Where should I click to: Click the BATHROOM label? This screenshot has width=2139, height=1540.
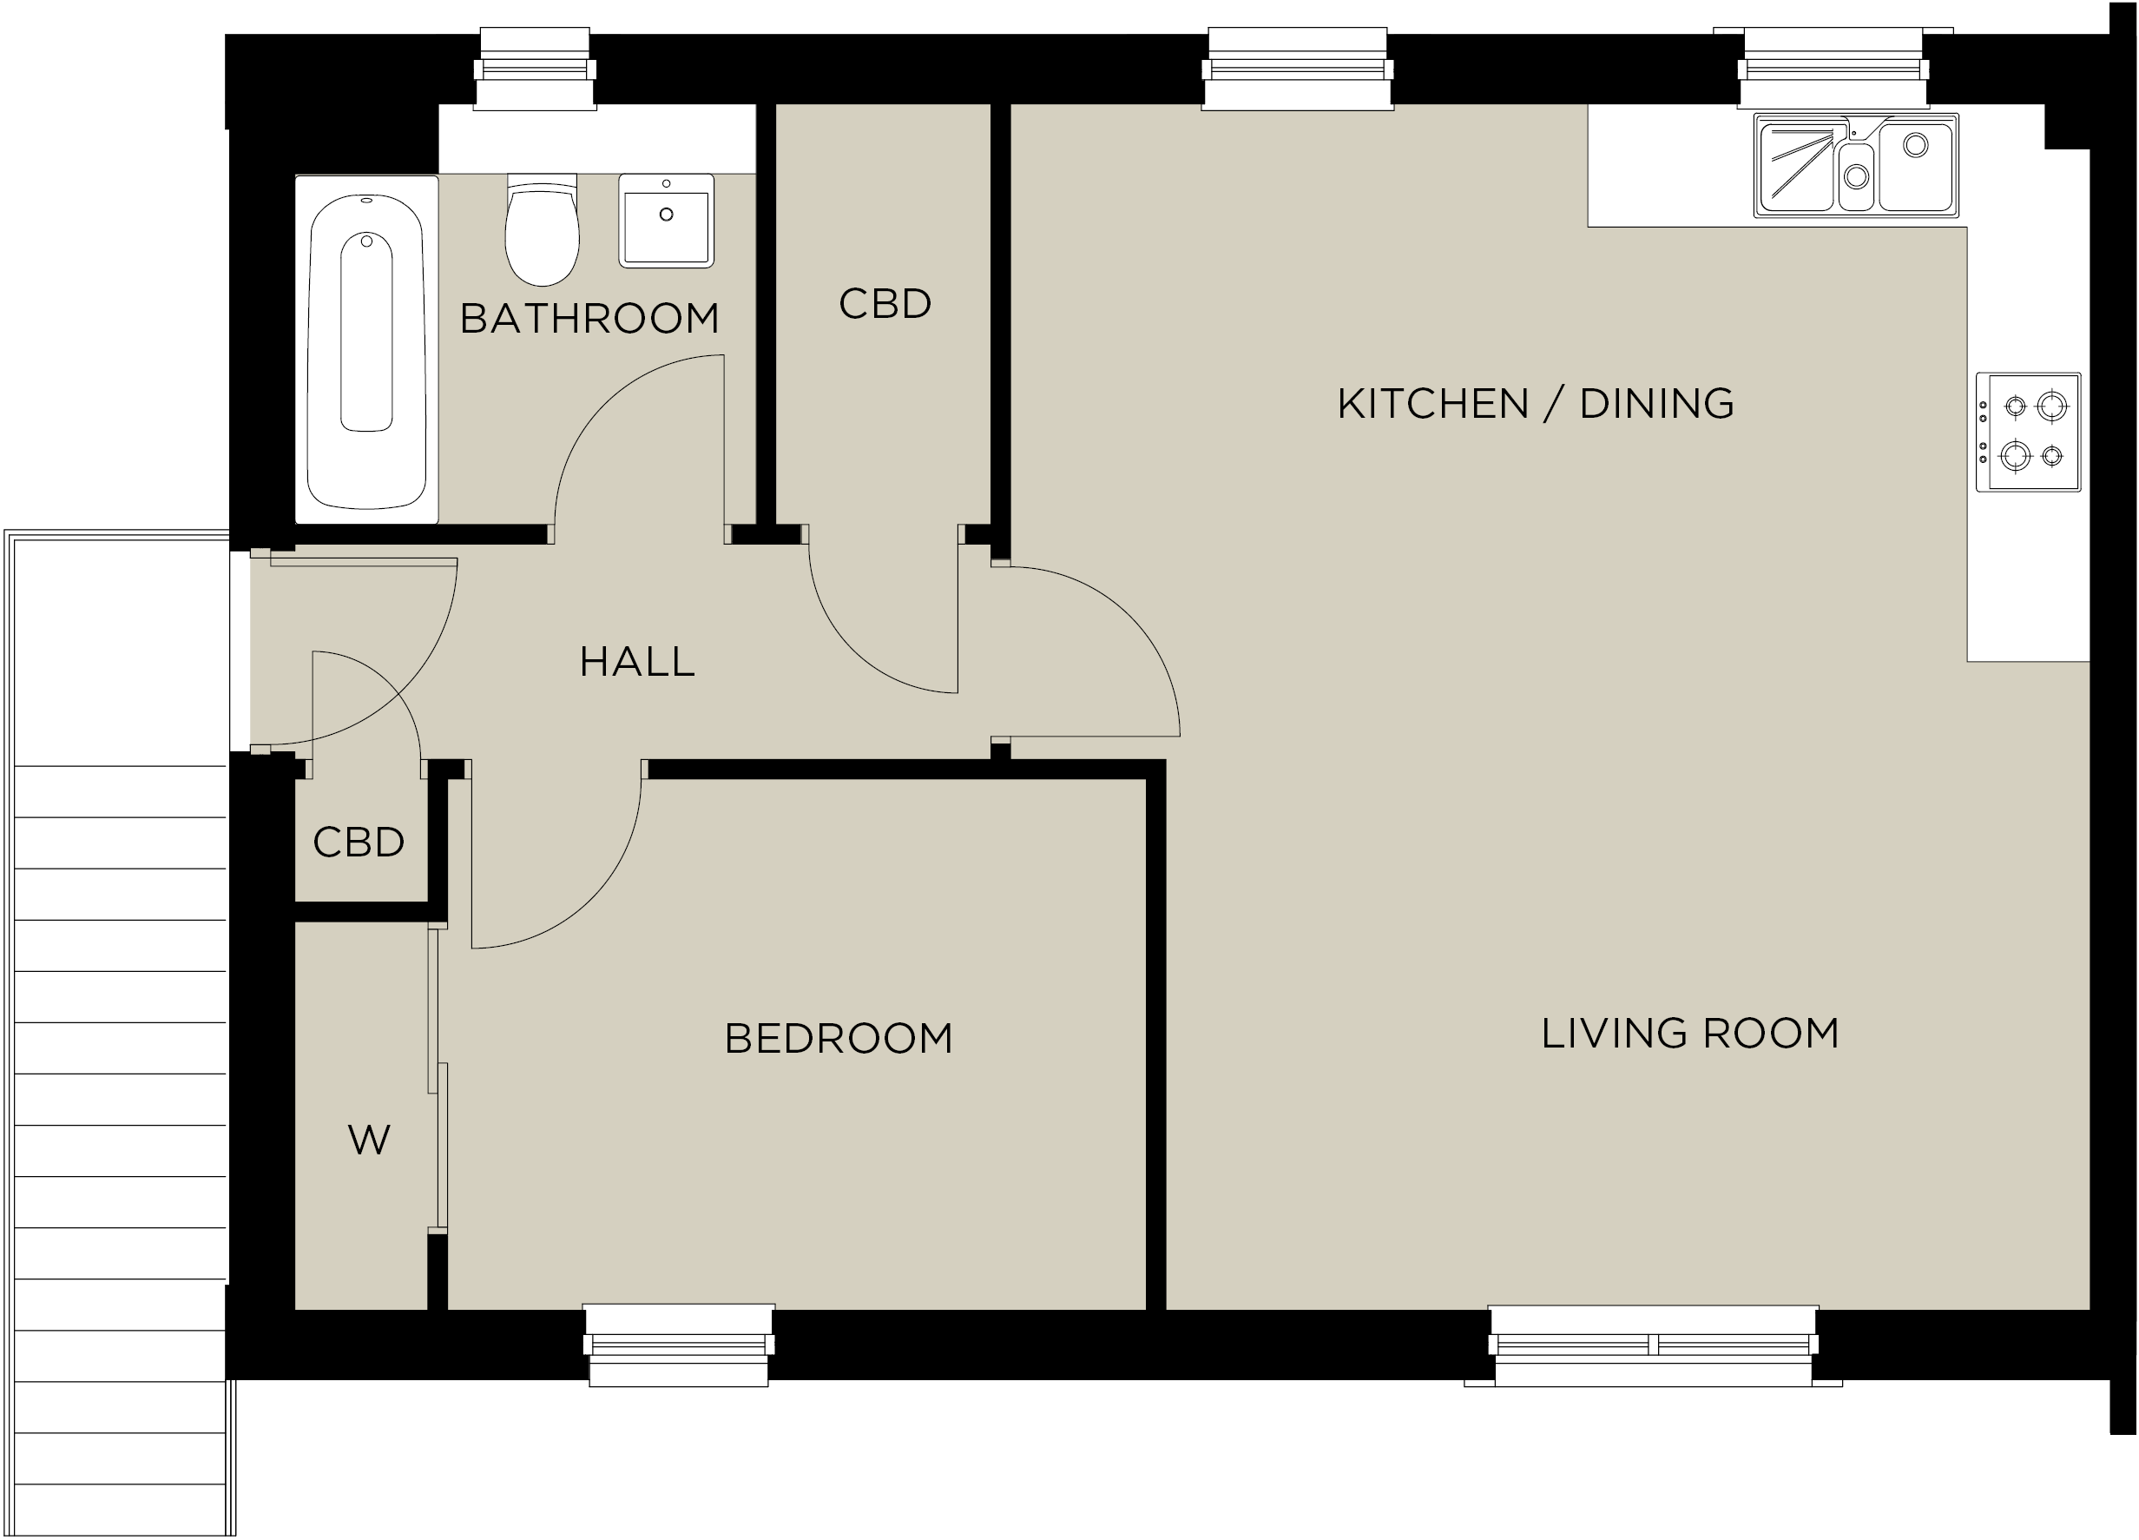589,319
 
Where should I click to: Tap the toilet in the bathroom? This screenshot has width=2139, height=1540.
543,229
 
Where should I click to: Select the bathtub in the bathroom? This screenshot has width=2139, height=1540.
367,349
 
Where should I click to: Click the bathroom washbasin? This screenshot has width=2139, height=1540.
666,220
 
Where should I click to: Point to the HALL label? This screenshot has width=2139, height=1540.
637,663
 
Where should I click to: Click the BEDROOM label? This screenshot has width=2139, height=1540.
839,1039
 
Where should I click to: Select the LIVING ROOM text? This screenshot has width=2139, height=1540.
1690,1034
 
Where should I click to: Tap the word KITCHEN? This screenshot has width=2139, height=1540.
1432,404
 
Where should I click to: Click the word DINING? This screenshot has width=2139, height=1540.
1657,404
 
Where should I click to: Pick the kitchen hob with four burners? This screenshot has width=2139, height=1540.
2029,433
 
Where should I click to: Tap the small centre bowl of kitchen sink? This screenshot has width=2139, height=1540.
1856,176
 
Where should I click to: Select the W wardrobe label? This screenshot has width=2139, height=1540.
369,1140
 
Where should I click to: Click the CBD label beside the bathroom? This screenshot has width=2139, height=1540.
885,304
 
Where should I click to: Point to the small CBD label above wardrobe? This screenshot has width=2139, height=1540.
359,843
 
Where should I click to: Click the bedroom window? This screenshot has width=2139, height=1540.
679,1345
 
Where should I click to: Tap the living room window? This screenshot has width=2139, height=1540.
1653,1345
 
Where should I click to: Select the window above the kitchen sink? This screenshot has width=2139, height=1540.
1833,68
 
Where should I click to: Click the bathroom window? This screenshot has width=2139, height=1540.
535,69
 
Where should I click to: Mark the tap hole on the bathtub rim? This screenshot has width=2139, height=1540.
367,200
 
